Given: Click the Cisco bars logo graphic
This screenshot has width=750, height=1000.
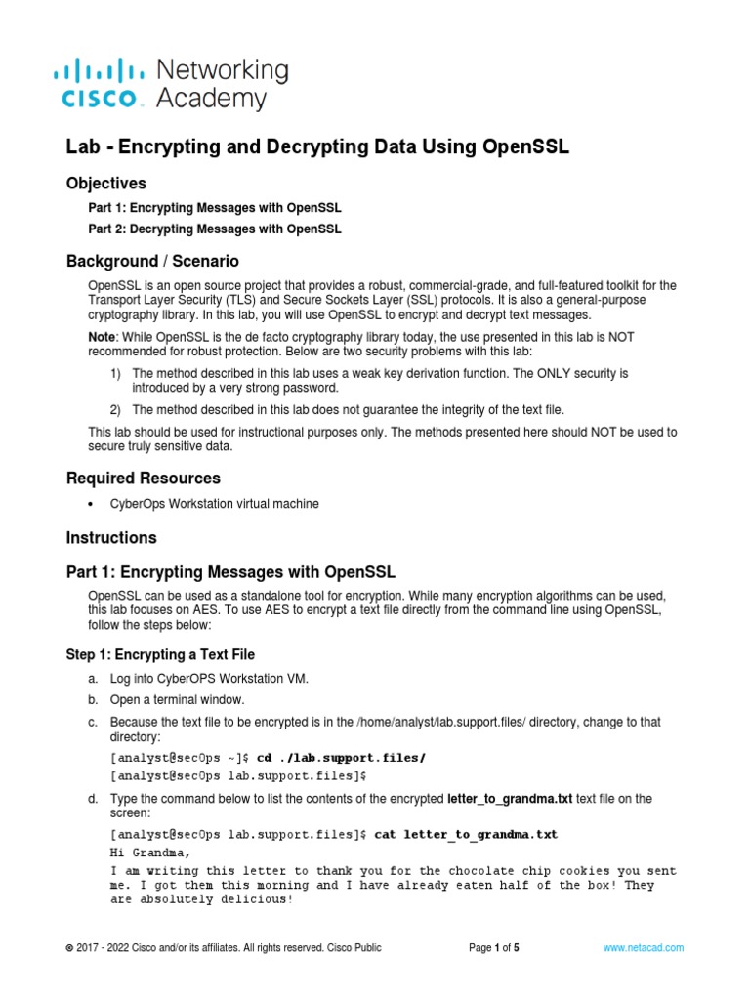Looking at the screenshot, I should point(98,70).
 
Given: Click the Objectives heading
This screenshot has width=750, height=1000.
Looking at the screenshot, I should point(105,184).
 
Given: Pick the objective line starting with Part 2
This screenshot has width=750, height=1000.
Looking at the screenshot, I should point(215,229).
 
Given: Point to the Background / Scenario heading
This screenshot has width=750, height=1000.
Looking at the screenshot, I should point(152,262).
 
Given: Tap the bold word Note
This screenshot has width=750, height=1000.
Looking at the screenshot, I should point(104,337).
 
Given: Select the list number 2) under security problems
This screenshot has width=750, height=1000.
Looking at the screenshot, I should point(115,409).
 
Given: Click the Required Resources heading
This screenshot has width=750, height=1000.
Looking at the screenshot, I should point(143,479).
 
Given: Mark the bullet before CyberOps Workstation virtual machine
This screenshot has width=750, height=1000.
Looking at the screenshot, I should point(91,505).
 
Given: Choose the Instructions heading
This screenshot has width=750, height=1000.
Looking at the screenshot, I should point(111,538).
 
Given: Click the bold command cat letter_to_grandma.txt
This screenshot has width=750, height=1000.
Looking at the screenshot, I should point(466,835).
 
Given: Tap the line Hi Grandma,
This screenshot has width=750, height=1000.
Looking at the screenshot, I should point(146,852).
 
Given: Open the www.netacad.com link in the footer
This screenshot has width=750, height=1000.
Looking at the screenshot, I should point(643,948).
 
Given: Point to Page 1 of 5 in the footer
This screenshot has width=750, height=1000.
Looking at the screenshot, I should point(494,948).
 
